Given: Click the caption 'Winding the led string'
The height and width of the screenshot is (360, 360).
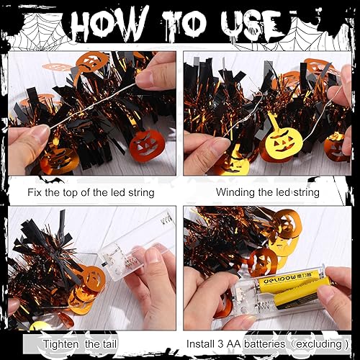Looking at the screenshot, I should click(x=268, y=192).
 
